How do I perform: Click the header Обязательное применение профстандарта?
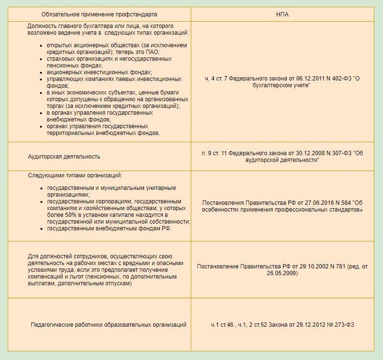tap(99, 14)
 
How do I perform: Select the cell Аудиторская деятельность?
tap(64, 157)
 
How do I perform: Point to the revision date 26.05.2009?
tap(284, 273)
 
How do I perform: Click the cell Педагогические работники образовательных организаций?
tap(108, 325)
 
